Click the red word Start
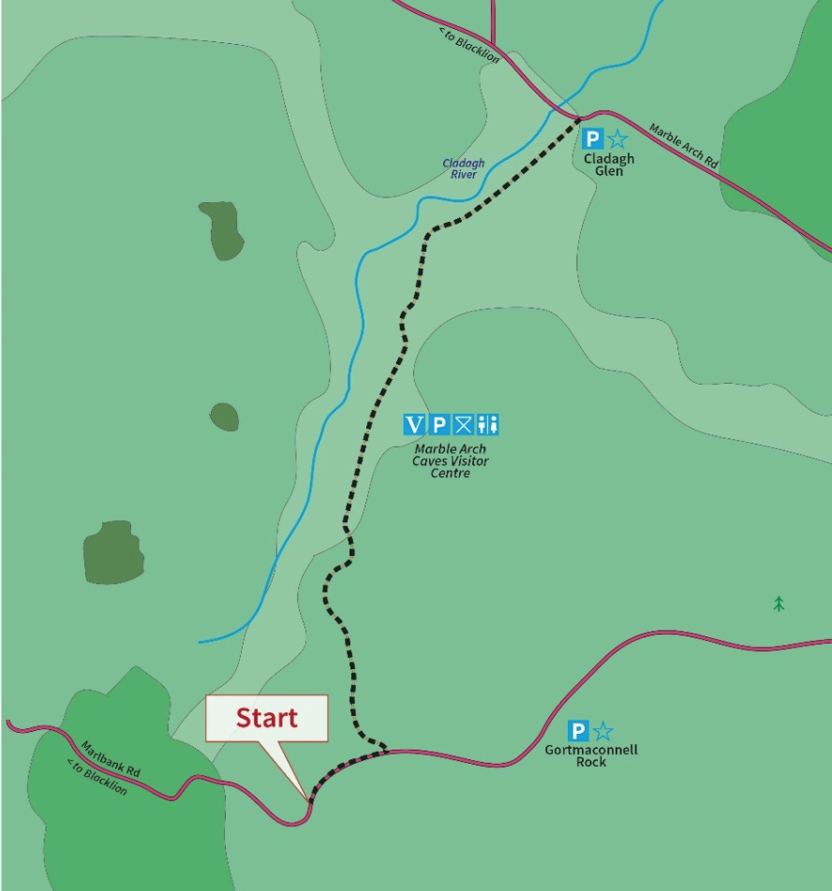pyautogui.click(x=266, y=718)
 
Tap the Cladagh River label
pyautogui.click(x=464, y=168)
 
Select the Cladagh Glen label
pyautogui.click(x=609, y=165)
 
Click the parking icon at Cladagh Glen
pyautogui.click(x=592, y=139)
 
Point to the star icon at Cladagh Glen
pyautogui.click(x=617, y=139)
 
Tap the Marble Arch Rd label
pyautogui.click(x=684, y=146)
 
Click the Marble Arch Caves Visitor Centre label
pyautogui.click(x=451, y=460)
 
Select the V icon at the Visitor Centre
pyautogui.click(x=414, y=425)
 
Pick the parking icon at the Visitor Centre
pyautogui.click(x=438, y=425)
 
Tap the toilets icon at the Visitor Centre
pyautogui.click(x=487, y=425)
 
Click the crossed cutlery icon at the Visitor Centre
pyautogui.click(x=463, y=425)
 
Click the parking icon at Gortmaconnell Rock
pyautogui.click(x=578, y=731)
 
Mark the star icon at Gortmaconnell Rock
pyautogui.click(x=602, y=731)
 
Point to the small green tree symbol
pyautogui.click(x=779, y=604)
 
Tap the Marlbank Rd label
pyautogui.click(x=111, y=759)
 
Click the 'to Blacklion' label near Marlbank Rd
pyautogui.click(x=97, y=777)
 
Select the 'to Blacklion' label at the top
pyautogui.click(x=469, y=46)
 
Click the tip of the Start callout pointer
pyautogui.click(x=307, y=800)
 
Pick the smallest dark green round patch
pyautogui.click(x=224, y=416)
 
